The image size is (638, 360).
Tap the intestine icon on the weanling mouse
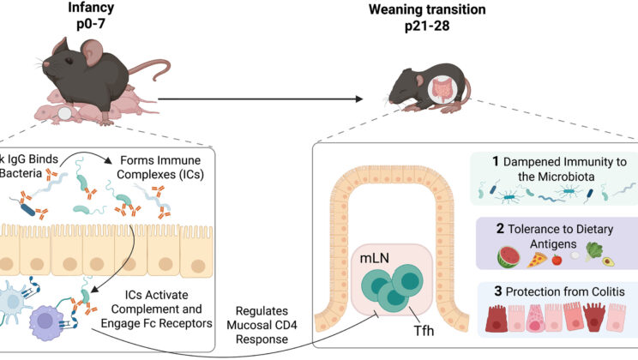[444, 89]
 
